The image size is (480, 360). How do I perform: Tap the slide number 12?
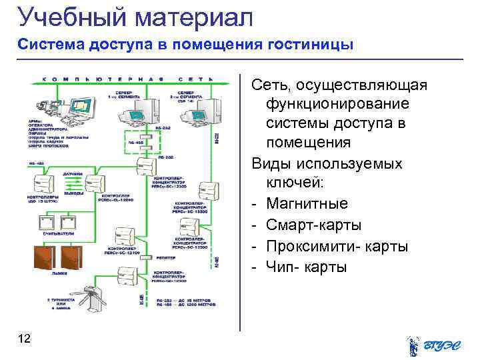25,339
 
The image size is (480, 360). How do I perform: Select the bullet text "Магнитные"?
307,203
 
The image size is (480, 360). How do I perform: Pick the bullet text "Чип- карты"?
307,267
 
